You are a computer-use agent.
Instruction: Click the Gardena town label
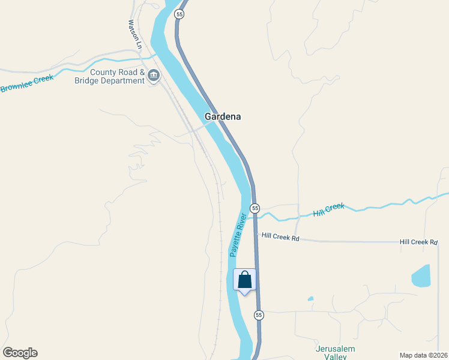coord(223,116)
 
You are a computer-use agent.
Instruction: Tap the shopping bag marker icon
coord(244,280)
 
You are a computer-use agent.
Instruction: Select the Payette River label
coord(238,235)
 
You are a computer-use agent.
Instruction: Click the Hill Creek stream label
coord(329,209)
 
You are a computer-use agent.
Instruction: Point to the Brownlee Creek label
coord(27,83)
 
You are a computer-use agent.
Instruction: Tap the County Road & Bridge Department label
coord(109,76)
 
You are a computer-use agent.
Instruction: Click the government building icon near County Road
coord(154,76)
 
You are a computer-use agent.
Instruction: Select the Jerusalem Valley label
coord(336,353)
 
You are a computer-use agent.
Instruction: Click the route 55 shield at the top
coord(179,14)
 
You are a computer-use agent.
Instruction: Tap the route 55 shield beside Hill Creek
coord(255,208)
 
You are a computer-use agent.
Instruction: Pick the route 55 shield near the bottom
coord(259,315)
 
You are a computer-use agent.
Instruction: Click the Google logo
coord(20,353)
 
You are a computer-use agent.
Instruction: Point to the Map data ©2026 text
coord(423,355)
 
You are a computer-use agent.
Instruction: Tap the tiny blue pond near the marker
coord(310,299)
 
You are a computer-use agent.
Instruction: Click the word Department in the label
coord(123,80)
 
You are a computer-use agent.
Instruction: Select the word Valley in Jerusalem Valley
coord(336,357)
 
